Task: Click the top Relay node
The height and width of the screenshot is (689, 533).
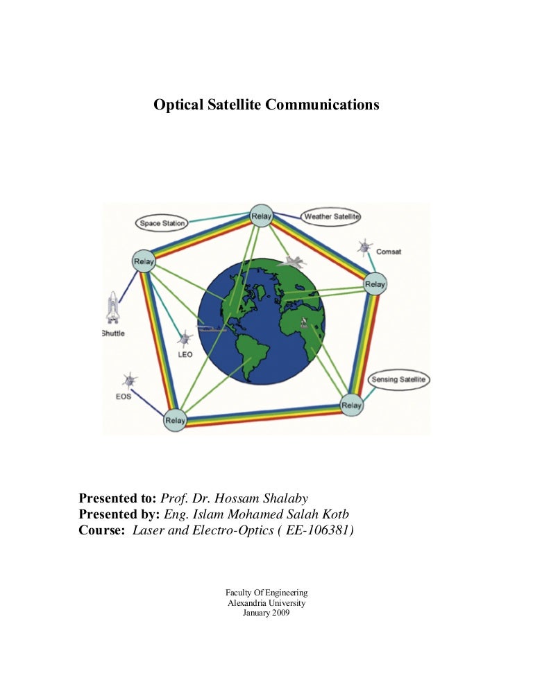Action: pos(262,216)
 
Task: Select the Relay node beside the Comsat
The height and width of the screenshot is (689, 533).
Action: pos(375,284)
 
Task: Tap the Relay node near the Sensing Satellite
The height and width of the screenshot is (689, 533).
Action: pos(352,405)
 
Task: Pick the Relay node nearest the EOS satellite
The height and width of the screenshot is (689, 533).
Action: pos(175,420)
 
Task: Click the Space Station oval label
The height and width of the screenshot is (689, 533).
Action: pos(162,223)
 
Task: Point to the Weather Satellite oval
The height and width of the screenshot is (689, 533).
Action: pos(330,217)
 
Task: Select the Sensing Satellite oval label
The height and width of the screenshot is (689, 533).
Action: pos(398,379)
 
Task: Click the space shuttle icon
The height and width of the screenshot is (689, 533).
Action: pos(112,308)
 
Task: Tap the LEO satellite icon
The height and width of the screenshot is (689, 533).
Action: pos(185,339)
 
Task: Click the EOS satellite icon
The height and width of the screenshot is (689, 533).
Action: pos(129,380)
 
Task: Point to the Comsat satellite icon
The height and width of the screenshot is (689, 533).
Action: pos(365,247)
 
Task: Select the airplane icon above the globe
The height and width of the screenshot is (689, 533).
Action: pos(294,262)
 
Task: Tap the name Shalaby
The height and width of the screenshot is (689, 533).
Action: pos(286,498)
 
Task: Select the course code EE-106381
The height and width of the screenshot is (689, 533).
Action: pos(318,530)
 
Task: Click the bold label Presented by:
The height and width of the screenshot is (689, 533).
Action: pos(119,514)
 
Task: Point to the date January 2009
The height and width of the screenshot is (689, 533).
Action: pos(266,613)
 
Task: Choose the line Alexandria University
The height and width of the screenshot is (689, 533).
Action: pos(266,603)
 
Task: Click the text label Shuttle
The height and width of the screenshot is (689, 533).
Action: pos(113,333)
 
